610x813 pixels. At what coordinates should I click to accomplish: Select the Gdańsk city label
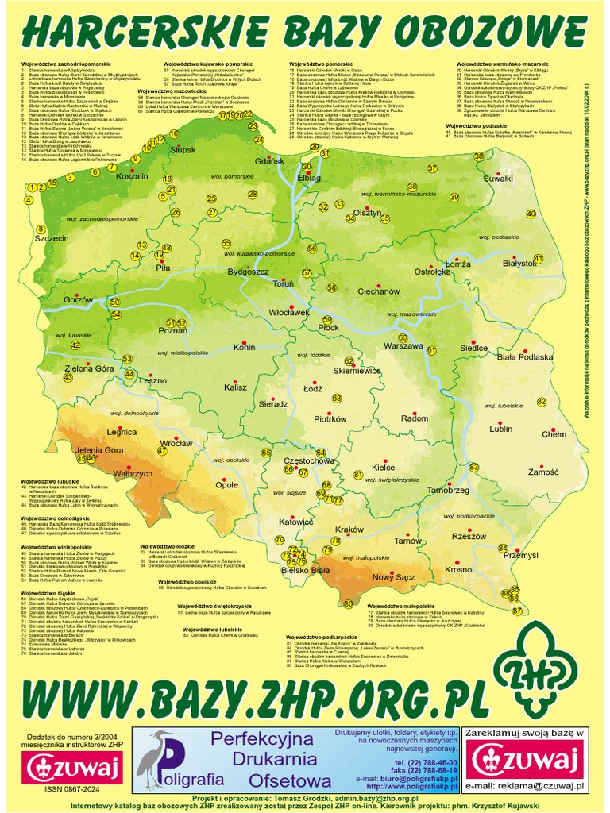pos(269,161)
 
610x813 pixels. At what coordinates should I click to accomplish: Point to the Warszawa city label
pos(403,346)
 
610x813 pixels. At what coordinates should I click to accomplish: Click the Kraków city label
pos(349,530)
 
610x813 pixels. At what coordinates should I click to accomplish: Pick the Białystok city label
pos(520,263)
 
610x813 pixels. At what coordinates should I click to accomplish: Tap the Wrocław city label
pos(176,443)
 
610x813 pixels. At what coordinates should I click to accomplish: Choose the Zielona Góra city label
pos(89,368)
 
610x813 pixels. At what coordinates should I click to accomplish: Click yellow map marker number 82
pos(542,402)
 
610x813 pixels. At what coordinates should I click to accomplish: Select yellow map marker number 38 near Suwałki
pos(478,156)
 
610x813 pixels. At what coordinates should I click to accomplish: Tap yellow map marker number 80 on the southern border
pos(347,604)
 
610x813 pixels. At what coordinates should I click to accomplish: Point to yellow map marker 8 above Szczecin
pos(41,229)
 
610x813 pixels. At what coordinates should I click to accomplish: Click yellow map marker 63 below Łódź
pos(336,398)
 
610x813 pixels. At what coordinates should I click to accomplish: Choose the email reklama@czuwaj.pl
pos(524,785)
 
